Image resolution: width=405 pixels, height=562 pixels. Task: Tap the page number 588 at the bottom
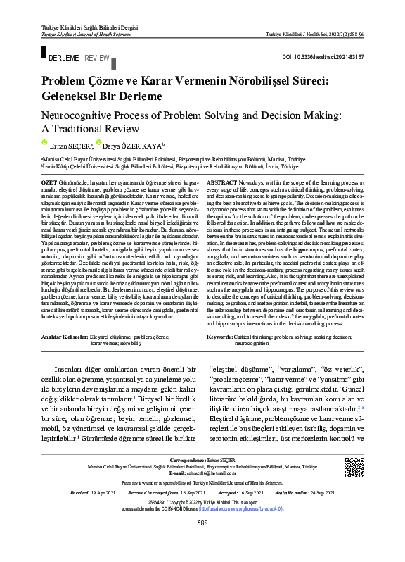pyautogui.click(x=202, y=542)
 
